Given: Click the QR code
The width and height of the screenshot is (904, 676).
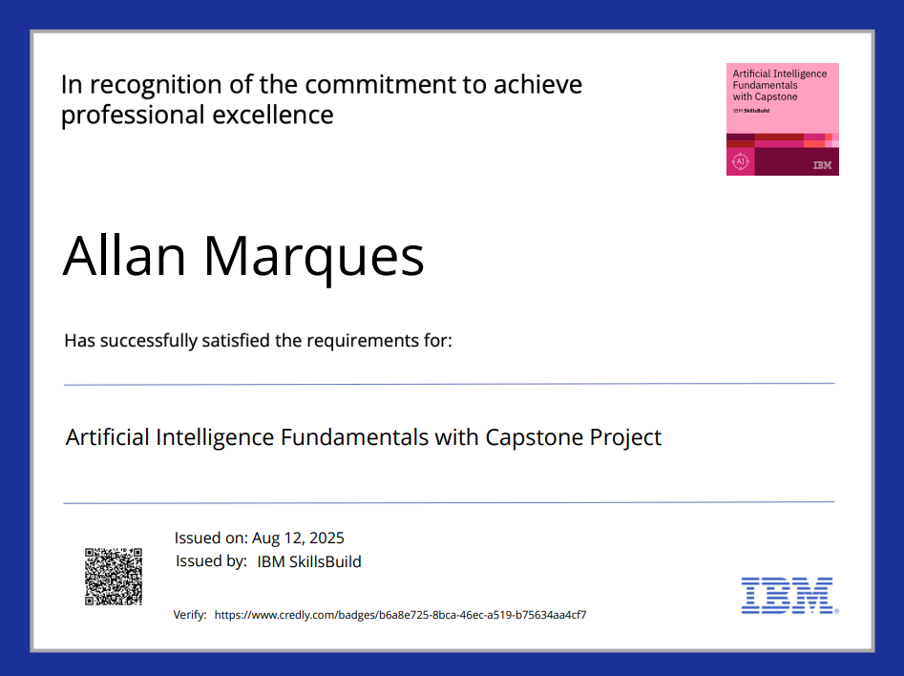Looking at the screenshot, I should tap(114, 576).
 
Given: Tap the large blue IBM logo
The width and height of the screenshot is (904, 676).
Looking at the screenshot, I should tap(788, 594).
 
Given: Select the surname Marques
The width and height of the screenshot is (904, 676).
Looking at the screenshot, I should tap(314, 256).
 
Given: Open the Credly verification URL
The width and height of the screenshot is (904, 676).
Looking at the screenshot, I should tap(400, 615).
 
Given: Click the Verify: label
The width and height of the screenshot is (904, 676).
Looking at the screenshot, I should tap(190, 615).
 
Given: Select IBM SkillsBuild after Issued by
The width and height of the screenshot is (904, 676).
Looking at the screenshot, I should tap(309, 561).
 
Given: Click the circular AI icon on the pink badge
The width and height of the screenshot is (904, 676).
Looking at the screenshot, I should tap(740, 162).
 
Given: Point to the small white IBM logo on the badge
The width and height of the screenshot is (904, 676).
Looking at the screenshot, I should tap(821, 165).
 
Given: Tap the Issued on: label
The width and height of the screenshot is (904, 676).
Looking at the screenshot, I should tap(210, 538).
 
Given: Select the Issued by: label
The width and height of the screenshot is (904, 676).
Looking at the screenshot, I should tap(211, 561).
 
